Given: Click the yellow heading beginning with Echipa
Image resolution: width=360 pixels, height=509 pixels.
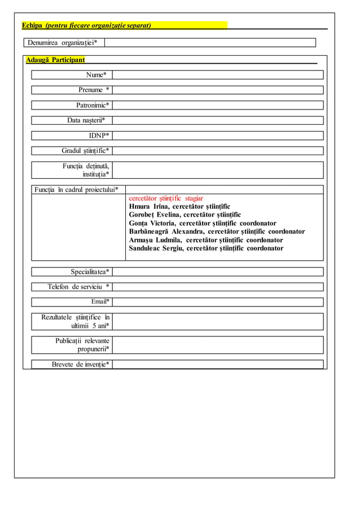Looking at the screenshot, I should (86, 25).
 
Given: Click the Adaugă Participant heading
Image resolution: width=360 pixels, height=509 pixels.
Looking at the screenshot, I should (55, 60).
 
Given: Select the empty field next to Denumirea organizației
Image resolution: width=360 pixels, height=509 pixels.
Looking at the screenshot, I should (209, 42).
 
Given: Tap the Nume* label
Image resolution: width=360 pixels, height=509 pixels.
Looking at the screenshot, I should (96, 75).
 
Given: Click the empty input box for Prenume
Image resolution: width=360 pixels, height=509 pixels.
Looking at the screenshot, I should (218, 90).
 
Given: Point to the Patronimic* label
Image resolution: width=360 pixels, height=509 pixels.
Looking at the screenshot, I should (93, 105).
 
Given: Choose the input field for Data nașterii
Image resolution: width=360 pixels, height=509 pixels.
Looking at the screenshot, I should (218, 120).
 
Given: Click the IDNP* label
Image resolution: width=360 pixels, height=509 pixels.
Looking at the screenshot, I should (99, 135).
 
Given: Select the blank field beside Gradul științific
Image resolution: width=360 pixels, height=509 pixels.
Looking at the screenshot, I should (218, 151).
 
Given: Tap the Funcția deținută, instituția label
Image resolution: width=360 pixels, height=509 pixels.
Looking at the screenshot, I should (86, 170).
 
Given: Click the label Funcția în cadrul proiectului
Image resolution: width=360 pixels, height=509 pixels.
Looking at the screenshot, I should (76, 189).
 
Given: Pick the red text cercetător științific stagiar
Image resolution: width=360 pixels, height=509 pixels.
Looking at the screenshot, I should (166, 199).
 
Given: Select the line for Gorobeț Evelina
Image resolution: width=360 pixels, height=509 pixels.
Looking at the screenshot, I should (185, 215).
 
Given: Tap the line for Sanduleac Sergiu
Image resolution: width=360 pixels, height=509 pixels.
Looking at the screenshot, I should (206, 248).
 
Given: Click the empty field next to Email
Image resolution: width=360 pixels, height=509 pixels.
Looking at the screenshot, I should (218, 302).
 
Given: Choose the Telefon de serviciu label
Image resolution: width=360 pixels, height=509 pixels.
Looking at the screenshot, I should (78, 287).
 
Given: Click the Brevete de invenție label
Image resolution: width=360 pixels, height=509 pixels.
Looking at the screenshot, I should (80, 364).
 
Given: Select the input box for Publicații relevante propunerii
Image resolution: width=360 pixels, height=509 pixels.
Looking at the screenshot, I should (218, 345).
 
